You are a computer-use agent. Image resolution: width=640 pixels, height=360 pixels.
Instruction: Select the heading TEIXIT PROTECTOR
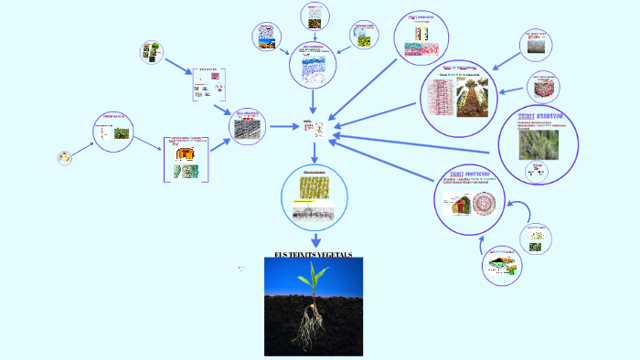[x=472, y=173]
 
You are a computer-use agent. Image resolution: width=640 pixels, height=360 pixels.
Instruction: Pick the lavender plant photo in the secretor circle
[x=539, y=144]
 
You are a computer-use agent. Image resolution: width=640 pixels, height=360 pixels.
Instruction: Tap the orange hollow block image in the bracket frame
[x=185, y=154]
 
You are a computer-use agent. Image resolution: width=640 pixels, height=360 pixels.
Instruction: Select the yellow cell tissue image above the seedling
[x=314, y=189]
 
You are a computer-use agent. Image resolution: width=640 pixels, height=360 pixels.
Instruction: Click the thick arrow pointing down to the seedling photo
[x=314, y=238]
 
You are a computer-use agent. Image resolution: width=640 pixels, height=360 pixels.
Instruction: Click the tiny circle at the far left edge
[x=64, y=157]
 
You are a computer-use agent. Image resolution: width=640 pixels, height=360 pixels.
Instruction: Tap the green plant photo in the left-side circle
[x=121, y=133]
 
